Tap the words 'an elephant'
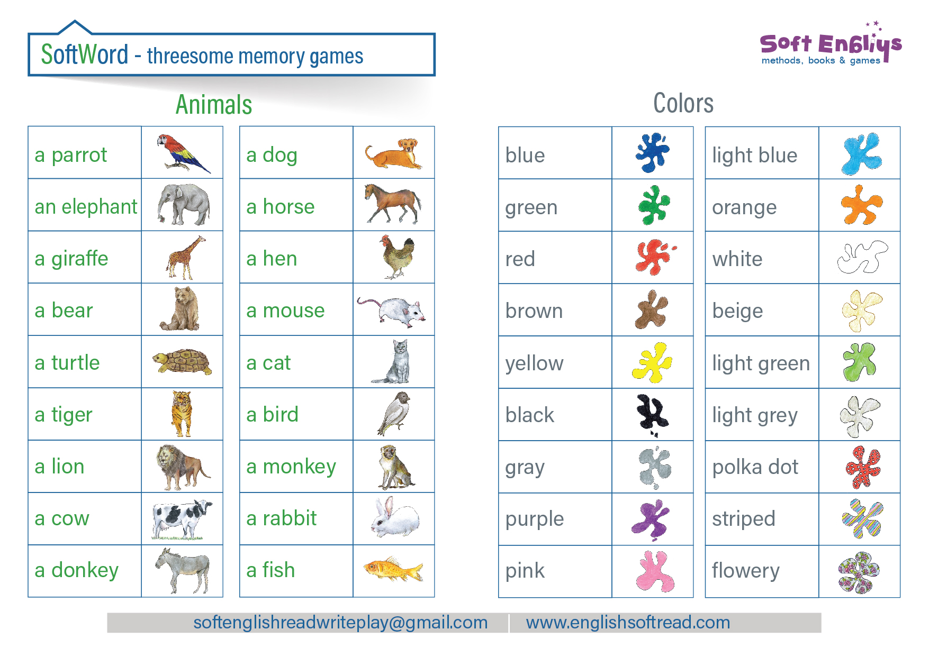click(x=86, y=206)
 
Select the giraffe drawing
click(x=185, y=258)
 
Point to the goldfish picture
click(x=393, y=569)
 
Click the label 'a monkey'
click(x=291, y=467)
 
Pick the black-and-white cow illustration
click(x=182, y=519)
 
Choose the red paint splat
click(x=655, y=257)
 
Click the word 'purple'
click(x=535, y=519)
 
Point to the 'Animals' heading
click(x=214, y=104)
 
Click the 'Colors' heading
click(x=683, y=103)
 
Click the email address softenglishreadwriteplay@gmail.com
click(x=340, y=623)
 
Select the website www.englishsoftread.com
click(x=628, y=623)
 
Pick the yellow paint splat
click(x=652, y=362)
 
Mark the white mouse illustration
click(x=391, y=309)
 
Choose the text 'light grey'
click(x=755, y=415)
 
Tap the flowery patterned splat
click(x=859, y=572)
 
